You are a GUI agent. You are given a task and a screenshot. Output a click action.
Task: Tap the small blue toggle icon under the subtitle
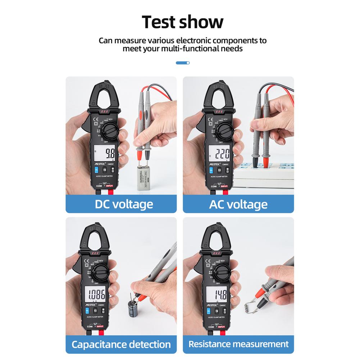[183, 63]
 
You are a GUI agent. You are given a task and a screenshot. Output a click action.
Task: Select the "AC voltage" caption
[238, 204]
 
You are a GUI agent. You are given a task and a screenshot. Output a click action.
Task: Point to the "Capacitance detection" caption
[121, 344]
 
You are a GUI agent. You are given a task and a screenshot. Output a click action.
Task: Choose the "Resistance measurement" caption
[238, 344]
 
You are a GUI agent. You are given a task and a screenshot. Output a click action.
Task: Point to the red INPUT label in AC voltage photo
[224, 186]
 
